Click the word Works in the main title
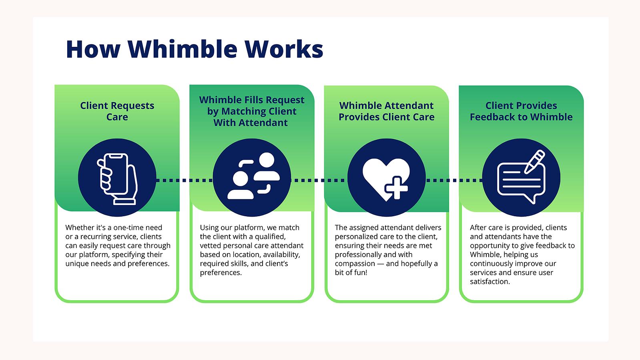(284, 49)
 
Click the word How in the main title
(93, 49)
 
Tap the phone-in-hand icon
(117, 179)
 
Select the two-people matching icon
(253, 175)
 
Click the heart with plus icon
(386, 179)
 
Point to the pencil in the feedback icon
(535, 161)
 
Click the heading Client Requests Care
(117, 111)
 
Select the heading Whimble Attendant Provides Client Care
(386, 111)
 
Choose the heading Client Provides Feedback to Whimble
(521, 111)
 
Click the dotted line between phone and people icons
(184, 181)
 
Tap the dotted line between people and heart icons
(319, 181)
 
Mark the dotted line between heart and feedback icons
(454, 181)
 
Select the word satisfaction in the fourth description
(490, 282)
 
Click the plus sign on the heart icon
(396, 188)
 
